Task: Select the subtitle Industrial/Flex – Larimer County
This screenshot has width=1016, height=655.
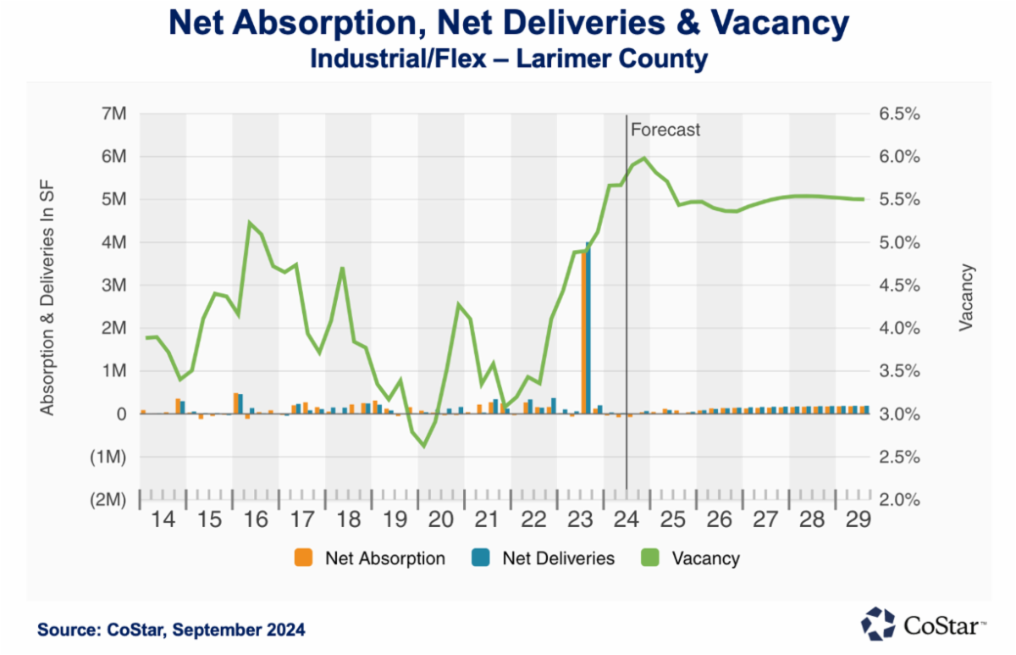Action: coord(508,59)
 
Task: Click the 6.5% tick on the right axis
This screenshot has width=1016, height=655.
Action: coord(900,114)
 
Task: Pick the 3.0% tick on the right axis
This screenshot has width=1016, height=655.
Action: coord(900,414)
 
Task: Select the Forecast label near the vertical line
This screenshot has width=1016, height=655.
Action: coord(666,130)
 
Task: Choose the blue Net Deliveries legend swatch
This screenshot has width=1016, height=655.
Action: coord(480,558)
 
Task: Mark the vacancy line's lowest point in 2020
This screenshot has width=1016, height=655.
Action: coord(424,446)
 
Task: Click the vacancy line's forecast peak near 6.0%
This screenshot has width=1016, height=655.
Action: coord(645,158)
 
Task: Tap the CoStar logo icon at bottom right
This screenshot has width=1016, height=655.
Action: coord(878,623)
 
